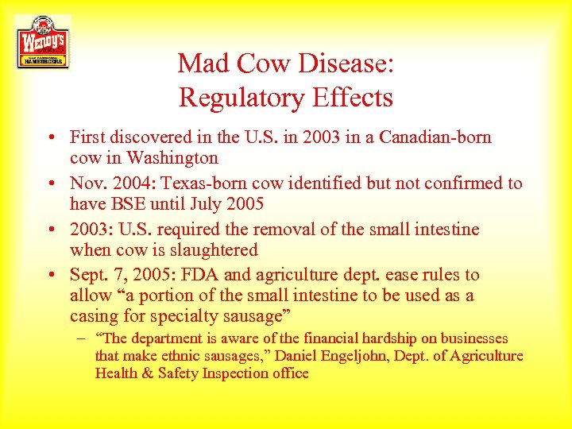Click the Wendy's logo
click(42, 42)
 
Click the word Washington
click(171, 158)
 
